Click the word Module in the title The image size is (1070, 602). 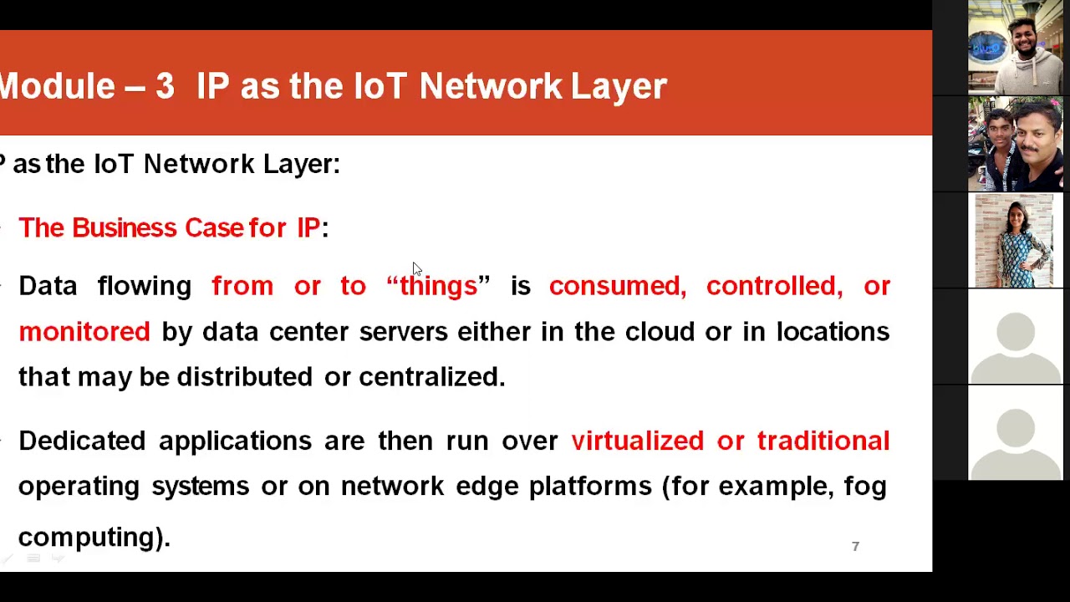click(57, 86)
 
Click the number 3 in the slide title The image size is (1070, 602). click(165, 86)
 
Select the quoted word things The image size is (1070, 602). click(438, 286)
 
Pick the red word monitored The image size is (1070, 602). click(84, 332)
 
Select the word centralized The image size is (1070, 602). click(431, 377)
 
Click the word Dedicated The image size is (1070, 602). click(82, 441)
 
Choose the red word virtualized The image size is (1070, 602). click(637, 441)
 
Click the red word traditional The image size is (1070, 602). click(823, 441)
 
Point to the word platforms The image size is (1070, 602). click(590, 487)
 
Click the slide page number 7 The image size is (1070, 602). click(855, 546)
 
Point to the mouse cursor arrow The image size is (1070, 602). click(416, 268)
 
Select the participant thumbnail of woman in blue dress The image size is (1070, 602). click(1016, 241)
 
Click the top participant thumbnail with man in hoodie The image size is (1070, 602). click(1016, 47)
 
